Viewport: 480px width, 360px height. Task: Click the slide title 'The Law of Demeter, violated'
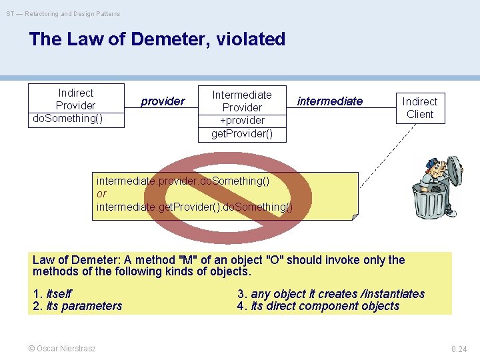pos(157,39)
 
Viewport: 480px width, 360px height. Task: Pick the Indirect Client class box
pos(420,108)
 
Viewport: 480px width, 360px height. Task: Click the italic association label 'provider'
pos(163,101)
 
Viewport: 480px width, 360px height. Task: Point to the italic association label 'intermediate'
pos(330,101)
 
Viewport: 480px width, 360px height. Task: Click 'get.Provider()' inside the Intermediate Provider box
pos(242,133)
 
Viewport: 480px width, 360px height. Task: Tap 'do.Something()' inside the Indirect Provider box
pos(67,119)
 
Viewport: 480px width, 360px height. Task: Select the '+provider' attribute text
pos(242,120)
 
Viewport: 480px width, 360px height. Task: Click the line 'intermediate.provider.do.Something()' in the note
pos(183,181)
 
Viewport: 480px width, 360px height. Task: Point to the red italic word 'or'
pos(101,194)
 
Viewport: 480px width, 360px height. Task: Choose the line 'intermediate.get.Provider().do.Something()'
pos(194,207)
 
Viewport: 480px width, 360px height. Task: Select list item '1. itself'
pos(53,294)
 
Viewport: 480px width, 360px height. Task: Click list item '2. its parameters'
pos(77,307)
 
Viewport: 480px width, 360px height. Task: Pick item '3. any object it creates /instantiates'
pos(331,294)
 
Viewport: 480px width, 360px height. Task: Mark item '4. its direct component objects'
pos(318,307)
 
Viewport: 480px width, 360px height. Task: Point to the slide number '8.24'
pos(459,349)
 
